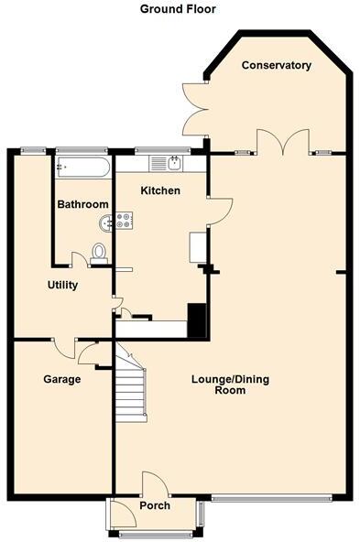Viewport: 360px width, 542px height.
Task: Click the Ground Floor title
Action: (x=179, y=9)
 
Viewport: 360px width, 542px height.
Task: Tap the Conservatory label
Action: (x=277, y=65)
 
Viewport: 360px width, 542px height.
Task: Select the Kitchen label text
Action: (x=159, y=190)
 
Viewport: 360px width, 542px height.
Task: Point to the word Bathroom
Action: (x=82, y=204)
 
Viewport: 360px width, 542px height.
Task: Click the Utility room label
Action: (x=62, y=285)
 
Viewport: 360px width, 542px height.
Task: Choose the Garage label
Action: (x=62, y=378)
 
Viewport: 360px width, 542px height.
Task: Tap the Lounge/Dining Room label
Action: (x=230, y=384)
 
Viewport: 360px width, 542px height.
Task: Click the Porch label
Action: (x=154, y=505)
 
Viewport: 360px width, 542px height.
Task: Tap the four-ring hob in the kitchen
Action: (x=123, y=220)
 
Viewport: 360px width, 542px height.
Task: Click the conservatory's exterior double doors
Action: (x=194, y=110)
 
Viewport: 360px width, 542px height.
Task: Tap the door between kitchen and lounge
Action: (x=220, y=210)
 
